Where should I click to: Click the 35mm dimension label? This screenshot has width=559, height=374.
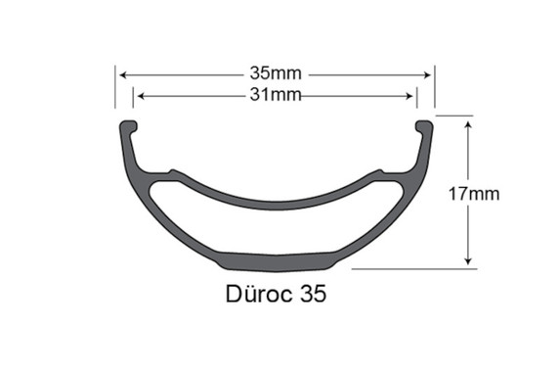click(275, 74)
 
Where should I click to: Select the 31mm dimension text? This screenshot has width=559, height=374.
click(275, 95)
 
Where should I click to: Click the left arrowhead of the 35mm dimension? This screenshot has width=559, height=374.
click(122, 74)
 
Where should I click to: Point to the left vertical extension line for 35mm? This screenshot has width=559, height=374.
click(115, 88)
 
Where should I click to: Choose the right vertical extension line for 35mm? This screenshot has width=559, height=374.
click(435, 88)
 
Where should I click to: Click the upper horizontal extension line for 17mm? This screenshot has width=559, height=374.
click(454, 117)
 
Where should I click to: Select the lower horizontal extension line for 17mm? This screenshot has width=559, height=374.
click(410, 268)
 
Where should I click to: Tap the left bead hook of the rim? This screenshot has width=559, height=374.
click(128, 127)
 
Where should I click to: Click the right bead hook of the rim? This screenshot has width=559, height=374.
click(423, 127)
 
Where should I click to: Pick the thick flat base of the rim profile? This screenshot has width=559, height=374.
click(276, 261)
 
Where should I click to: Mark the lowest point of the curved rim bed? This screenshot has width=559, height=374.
click(276, 204)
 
